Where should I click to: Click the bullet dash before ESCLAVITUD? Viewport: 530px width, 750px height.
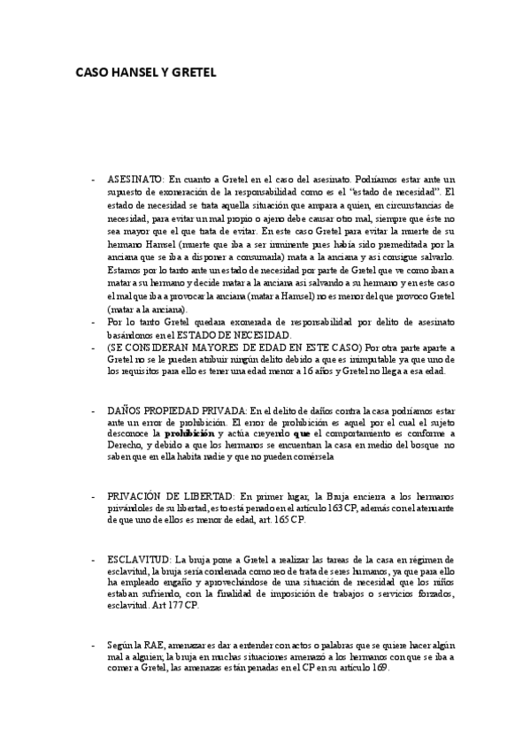pyautogui.click(x=93, y=560)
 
